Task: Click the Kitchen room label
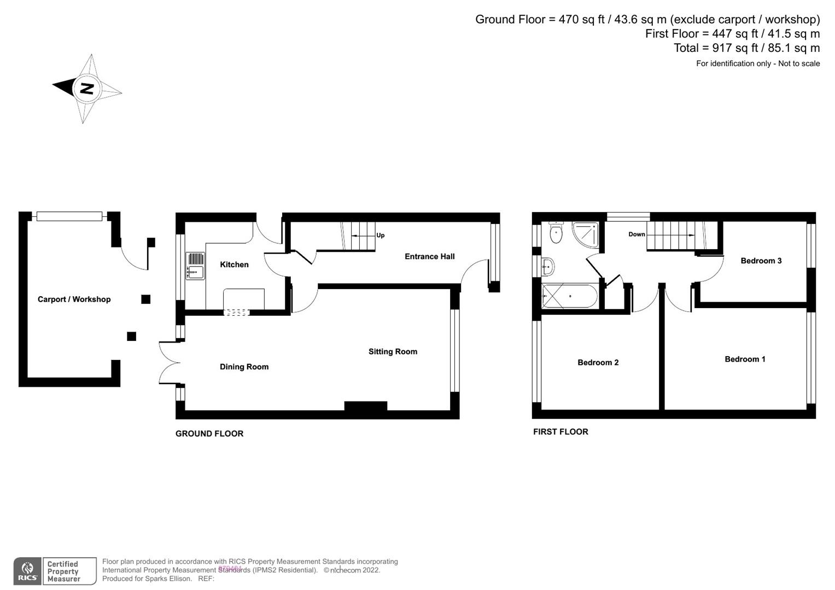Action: (x=234, y=264)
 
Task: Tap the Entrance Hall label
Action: (x=429, y=256)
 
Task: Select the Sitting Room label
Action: (x=393, y=352)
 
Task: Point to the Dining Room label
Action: (x=244, y=367)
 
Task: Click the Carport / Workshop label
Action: (x=74, y=299)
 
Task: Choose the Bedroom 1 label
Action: (x=745, y=359)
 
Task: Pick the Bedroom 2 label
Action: (x=598, y=362)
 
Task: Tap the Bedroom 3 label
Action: (x=761, y=261)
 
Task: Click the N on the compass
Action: (x=86, y=88)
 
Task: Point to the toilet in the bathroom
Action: (x=556, y=233)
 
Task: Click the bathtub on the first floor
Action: (x=569, y=296)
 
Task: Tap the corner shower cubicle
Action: (x=586, y=234)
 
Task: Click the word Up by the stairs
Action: (x=380, y=235)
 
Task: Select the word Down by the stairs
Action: (x=637, y=234)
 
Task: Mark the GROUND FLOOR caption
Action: (x=209, y=434)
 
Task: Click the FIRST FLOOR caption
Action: (x=560, y=432)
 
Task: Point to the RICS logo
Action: (x=27, y=571)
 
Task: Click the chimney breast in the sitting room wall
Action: (x=366, y=406)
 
